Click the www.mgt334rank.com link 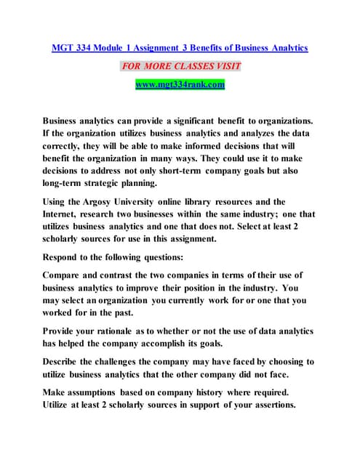tap(180, 85)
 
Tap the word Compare tap(65, 275)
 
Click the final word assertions tap(268, 405)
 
